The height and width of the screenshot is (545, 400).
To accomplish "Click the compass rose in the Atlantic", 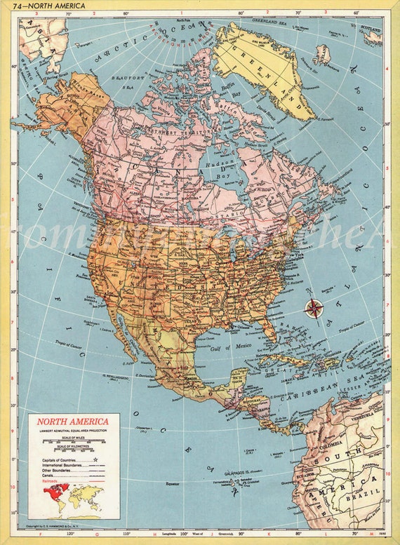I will tap(314, 307).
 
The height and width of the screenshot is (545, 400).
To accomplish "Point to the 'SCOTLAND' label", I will tap(372, 30).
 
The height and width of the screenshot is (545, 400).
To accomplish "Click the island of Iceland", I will tap(322, 53).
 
